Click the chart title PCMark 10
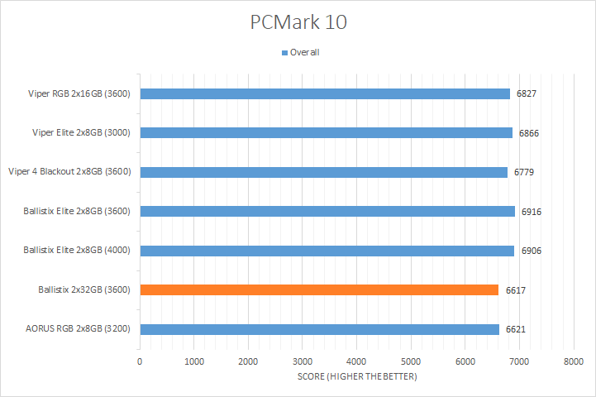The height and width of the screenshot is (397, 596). (298, 22)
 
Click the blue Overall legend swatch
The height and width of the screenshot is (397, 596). (284, 53)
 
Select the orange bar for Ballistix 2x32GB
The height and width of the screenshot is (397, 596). (319, 289)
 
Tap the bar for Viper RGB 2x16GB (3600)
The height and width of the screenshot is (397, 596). (325, 93)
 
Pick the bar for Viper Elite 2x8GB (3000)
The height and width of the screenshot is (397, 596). (326, 132)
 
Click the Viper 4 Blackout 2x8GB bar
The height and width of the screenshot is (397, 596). (323, 172)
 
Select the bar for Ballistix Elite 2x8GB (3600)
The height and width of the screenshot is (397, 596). (327, 211)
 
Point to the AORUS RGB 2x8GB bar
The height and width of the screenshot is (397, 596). (319, 329)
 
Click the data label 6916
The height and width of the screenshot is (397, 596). (532, 212)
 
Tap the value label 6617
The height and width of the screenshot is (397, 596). (515, 290)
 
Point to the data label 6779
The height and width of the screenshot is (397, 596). (524, 172)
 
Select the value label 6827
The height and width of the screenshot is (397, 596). (527, 93)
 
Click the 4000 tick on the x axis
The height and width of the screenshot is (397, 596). (356, 361)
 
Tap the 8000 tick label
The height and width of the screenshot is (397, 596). (573, 361)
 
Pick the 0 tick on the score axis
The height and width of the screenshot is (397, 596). (140, 361)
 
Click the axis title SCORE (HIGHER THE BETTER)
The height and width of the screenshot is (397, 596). (356, 378)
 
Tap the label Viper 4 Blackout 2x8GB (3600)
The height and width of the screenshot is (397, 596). (71, 172)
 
